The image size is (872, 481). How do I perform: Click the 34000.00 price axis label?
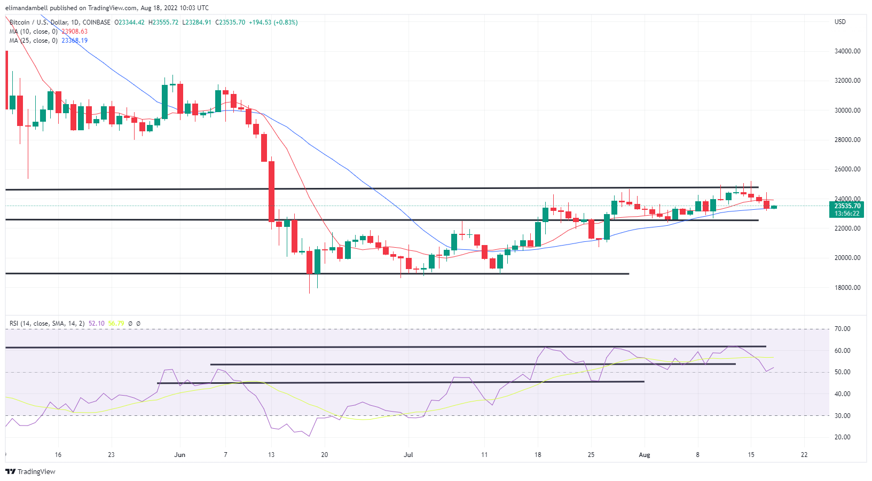pos(847,51)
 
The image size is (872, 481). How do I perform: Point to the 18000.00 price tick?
pos(847,287)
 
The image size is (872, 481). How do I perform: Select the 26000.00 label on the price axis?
pos(847,169)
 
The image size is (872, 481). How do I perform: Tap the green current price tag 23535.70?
pos(847,206)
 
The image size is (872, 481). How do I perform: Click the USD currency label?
pos(840,22)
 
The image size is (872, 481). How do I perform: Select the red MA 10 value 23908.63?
pos(74,31)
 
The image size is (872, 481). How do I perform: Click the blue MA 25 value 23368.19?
pos(74,41)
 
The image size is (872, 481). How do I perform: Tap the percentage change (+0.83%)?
pos(285,22)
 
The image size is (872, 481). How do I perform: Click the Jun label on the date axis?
pos(180,455)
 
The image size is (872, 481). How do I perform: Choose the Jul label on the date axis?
pos(408,455)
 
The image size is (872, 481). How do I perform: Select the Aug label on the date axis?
pos(645,455)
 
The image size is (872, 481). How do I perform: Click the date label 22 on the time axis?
pos(804,455)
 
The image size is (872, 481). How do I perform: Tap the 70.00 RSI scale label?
pos(843,329)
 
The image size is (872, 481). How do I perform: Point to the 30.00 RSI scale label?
pos(843,415)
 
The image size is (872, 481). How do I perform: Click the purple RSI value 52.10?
pos(97,324)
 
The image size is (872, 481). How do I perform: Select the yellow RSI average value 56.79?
pos(116,324)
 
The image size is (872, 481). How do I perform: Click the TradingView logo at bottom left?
pos(30,471)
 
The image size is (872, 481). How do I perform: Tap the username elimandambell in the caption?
pos(25,8)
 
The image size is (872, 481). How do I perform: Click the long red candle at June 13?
pos(271,191)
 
